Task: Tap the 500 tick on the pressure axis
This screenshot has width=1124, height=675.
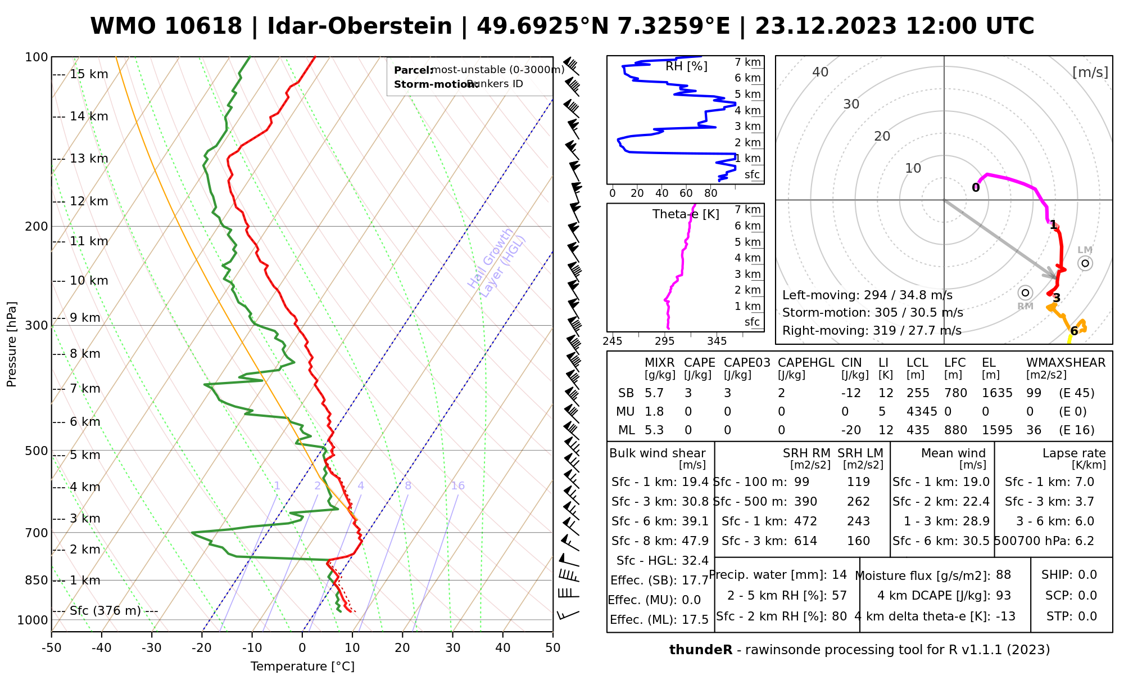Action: click(37, 451)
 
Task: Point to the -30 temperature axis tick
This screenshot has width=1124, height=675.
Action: click(152, 648)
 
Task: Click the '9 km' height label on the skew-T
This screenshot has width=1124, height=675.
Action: click(84, 318)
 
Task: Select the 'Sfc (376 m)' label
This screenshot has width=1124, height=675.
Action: click(106, 611)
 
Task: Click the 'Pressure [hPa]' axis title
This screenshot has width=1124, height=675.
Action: click(12, 344)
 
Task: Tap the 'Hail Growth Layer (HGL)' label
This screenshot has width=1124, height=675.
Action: click(497, 263)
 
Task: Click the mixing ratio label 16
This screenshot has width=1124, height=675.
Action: click(457, 486)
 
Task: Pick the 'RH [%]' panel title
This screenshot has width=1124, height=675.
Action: click(686, 66)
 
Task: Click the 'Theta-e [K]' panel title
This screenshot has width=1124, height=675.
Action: click(686, 214)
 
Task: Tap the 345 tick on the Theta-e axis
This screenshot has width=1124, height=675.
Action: click(717, 341)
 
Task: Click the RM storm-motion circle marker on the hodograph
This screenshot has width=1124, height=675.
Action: click(1026, 292)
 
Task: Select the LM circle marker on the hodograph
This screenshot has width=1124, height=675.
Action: click(1085, 263)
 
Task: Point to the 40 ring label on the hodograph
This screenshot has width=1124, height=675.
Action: click(821, 72)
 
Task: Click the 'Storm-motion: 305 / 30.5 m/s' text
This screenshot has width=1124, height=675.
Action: click(872, 313)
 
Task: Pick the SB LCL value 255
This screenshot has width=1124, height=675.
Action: click(918, 393)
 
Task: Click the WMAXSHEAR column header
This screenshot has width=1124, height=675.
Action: click(1066, 363)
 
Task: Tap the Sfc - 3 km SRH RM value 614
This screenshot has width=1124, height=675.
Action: click(805, 541)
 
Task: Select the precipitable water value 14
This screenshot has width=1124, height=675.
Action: click(839, 575)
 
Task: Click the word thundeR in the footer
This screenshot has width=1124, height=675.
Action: click(700, 650)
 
